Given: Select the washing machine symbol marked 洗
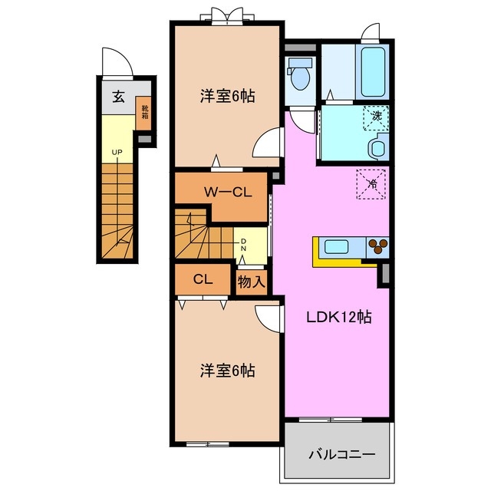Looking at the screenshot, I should pyautogui.click(x=376, y=117).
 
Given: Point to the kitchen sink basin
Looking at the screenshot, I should pyautogui.click(x=338, y=247).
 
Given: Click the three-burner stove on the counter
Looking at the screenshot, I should pyautogui.click(x=378, y=246).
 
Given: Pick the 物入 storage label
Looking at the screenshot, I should pyautogui.click(x=251, y=282).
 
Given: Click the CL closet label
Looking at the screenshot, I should pyautogui.click(x=203, y=279).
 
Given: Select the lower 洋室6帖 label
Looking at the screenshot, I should pyautogui.click(x=227, y=371).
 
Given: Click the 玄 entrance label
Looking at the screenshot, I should pyautogui.click(x=119, y=96).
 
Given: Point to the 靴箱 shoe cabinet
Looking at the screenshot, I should pyautogui.click(x=143, y=115).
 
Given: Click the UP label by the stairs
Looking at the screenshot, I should pyautogui.click(x=117, y=153).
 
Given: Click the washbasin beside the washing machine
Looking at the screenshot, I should pyautogui.click(x=377, y=147).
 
